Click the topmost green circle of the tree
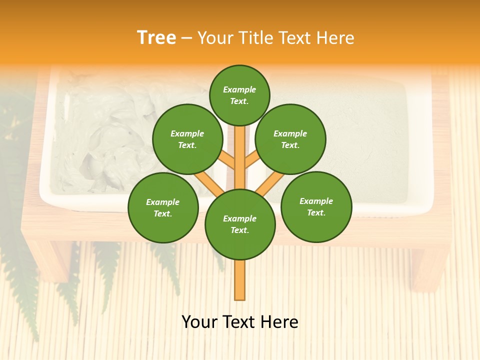click(x=239, y=95)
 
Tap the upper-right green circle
click(x=290, y=139)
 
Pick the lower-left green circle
click(x=163, y=207)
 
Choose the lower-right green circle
click(x=316, y=206)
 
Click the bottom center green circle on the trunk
click(x=240, y=224)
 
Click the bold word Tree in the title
click(x=156, y=37)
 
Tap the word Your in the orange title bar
click(x=215, y=37)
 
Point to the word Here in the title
click(x=337, y=37)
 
